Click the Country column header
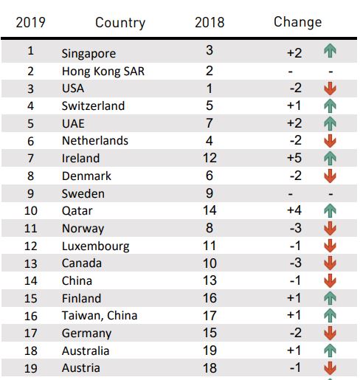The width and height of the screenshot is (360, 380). [120, 23]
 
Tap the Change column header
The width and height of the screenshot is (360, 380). [298, 22]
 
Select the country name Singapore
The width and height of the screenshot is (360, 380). [89, 54]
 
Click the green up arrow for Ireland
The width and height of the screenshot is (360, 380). [330, 158]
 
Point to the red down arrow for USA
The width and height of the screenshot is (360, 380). [330, 89]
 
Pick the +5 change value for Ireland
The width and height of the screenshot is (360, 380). [294, 158]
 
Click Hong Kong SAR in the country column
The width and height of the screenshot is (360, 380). [103, 72]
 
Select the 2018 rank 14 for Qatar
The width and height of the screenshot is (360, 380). [210, 210]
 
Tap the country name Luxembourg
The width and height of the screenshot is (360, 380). [96, 246]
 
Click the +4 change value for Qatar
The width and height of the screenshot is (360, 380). [294, 210]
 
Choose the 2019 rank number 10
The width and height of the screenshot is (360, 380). [31, 211]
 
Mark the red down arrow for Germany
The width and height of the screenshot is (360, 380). [330, 333]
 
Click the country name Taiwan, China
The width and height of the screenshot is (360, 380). [100, 316]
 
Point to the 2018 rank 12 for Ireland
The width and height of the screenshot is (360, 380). [210, 158]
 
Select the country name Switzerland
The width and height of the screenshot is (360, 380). [93, 106]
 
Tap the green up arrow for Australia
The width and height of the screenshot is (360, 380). [330, 350]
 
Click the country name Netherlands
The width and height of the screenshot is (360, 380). [95, 141]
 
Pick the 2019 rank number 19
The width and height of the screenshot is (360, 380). [31, 368]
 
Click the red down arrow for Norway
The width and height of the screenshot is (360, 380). [330, 228]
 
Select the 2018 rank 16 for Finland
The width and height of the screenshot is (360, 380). [210, 298]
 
